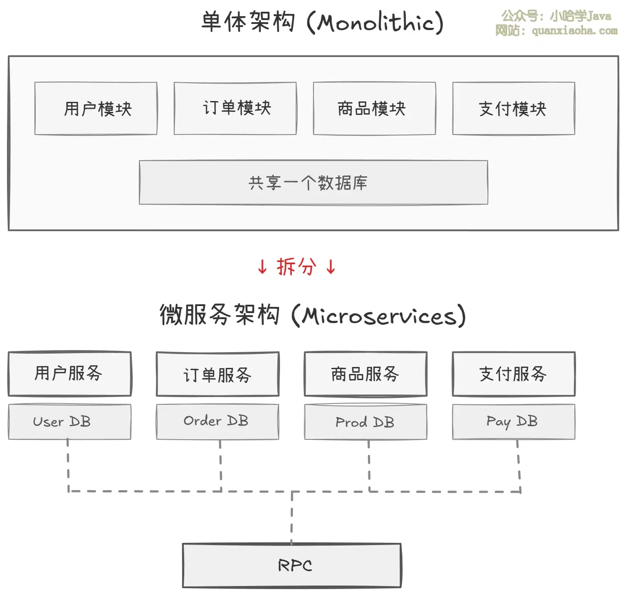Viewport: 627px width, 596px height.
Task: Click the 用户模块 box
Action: pos(96,108)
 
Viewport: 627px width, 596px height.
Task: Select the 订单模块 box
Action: pos(235,108)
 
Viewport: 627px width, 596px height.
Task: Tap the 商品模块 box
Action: pos(374,108)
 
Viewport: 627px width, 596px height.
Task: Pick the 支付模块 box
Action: pos(514,108)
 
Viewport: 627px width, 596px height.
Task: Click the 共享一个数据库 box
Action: pos(313,182)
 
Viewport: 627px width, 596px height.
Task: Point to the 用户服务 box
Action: pos(70,374)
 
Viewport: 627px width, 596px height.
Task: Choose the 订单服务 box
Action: pos(218,374)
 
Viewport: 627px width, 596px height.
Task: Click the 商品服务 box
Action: pos(366,374)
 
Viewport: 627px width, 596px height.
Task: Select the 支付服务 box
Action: pos(514,374)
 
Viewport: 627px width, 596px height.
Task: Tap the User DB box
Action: pos(70,421)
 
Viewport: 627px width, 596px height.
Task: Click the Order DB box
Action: pos(218,421)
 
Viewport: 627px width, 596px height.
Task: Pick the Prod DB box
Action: pos(366,421)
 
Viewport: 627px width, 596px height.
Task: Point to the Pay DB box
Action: pos(514,421)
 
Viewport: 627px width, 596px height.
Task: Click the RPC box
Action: pos(292,566)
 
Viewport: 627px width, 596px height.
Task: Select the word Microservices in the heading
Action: pos(379,316)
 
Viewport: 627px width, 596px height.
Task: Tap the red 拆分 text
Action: pos(297,266)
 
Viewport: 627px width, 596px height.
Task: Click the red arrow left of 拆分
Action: pos(262,266)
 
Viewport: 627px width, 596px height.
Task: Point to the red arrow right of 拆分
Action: pos(331,266)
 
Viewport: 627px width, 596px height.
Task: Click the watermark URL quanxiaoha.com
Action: pos(574,30)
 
